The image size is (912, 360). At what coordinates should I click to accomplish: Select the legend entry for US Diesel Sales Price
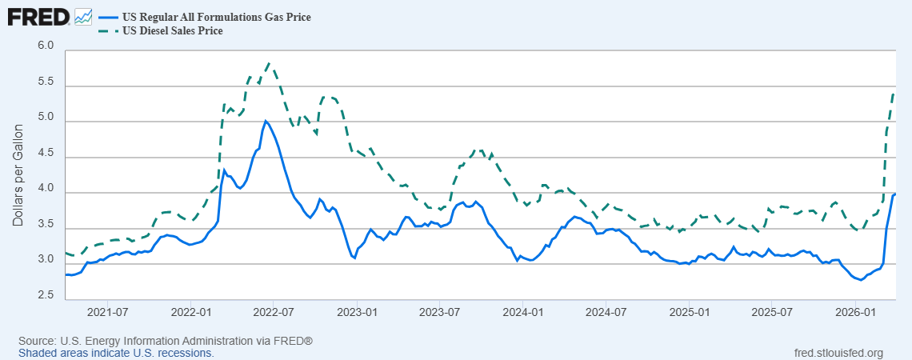(171, 31)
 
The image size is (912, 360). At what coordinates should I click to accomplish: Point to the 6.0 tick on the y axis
(46, 46)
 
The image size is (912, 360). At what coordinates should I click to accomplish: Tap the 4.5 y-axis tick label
(46, 157)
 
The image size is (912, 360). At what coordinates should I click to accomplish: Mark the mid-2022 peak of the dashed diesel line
(269, 63)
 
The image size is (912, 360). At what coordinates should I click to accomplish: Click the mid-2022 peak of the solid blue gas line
(265, 122)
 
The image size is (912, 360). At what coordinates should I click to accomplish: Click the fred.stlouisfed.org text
(838, 353)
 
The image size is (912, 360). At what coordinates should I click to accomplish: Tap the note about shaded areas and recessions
(116, 353)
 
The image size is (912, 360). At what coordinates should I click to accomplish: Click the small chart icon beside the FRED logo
(83, 15)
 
